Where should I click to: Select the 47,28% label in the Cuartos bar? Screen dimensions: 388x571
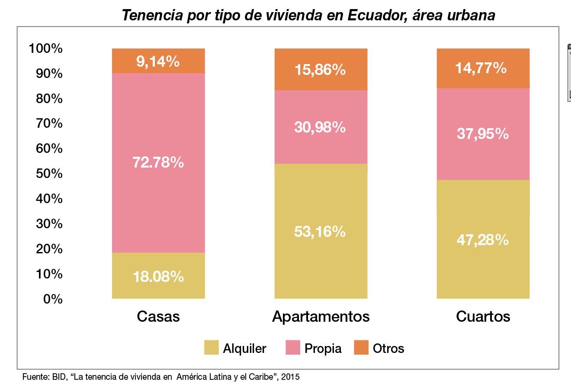(482, 239)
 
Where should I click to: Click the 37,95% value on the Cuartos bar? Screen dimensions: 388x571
(482, 134)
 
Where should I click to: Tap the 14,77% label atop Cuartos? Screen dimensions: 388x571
(481, 68)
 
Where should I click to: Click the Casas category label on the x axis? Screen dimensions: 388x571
(158, 317)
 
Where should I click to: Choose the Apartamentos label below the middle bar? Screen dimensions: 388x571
(321, 317)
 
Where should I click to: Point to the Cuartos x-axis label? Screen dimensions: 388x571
(483, 317)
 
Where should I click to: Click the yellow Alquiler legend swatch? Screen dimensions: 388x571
(212, 348)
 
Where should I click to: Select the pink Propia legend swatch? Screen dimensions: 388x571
(293, 348)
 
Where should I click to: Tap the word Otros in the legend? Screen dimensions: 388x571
(388, 348)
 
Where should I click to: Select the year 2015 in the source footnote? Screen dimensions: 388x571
(290, 377)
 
